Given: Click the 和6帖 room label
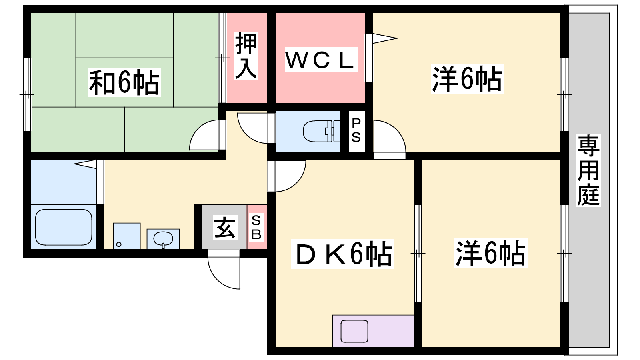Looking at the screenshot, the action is pyautogui.click(x=124, y=82).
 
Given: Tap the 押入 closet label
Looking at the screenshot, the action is pyautogui.click(x=246, y=56).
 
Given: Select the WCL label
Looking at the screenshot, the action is pyautogui.click(x=321, y=60).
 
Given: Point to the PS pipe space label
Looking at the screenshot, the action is pyautogui.click(x=356, y=130).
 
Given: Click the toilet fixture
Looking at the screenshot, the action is pyautogui.click(x=322, y=132).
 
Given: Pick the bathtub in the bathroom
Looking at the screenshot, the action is pyautogui.click(x=64, y=227).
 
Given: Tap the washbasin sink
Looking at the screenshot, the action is pyautogui.click(x=163, y=239).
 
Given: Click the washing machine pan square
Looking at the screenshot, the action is pyautogui.click(x=127, y=236).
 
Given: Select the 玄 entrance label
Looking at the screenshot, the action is pyautogui.click(x=225, y=228).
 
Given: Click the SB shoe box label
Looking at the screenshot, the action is pyautogui.click(x=256, y=228).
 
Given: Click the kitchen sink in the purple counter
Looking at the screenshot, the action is pyautogui.click(x=354, y=331).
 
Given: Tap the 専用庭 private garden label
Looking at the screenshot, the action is pyautogui.click(x=588, y=170).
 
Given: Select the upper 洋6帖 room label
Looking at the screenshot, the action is pyautogui.click(x=467, y=79).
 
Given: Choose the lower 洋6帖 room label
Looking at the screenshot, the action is pyautogui.click(x=491, y=254).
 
